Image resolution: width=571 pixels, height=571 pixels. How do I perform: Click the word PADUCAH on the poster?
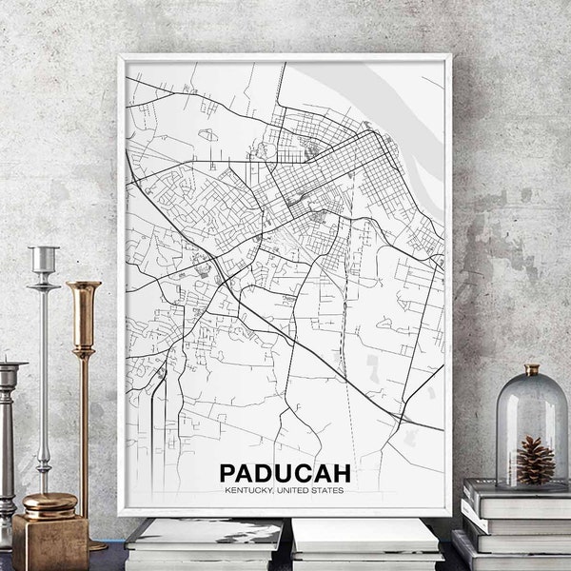[285, 473]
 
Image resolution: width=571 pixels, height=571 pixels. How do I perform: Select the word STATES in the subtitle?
[326, 491]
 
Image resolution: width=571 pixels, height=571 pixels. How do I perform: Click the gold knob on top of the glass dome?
[531, 369]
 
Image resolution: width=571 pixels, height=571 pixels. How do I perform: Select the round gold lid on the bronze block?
[49, 503]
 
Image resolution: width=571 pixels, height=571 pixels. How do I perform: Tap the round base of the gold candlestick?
[95, 546]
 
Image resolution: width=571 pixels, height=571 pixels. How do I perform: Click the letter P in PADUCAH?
[229, 473]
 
